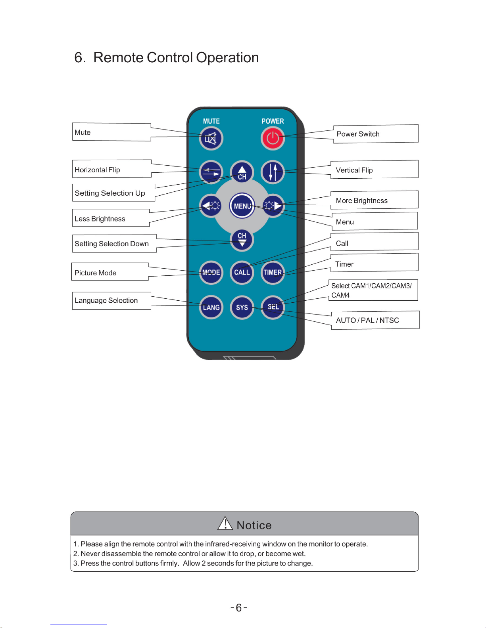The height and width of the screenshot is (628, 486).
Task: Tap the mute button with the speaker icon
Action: pos(211,138)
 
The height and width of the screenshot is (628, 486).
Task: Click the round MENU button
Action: pos(242,206)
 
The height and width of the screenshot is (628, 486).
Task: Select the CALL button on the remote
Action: pos(242,272)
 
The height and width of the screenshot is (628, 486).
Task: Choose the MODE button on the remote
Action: pos(211,272)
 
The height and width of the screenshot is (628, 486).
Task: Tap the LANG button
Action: pos(211,307)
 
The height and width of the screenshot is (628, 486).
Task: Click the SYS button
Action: pos(242,307)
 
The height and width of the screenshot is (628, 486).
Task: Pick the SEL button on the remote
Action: pos(273,307)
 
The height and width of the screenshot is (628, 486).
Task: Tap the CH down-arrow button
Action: pos(242,240)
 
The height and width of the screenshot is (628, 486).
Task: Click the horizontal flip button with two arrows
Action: pos(211,172)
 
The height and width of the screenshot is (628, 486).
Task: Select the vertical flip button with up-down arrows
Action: pos(273,172)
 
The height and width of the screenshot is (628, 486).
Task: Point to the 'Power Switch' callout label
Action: pos(358,134)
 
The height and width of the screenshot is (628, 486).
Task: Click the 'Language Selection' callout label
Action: pos(106,300)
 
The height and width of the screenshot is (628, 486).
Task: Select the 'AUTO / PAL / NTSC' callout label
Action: pos(367,320)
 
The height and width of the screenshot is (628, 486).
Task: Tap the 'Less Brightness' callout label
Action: pos(100,219)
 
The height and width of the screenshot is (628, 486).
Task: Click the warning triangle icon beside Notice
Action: pos(225,524)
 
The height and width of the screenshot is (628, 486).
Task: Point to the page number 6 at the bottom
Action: pos(239,608)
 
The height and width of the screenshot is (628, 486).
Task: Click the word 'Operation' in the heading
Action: pos(227,58)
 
